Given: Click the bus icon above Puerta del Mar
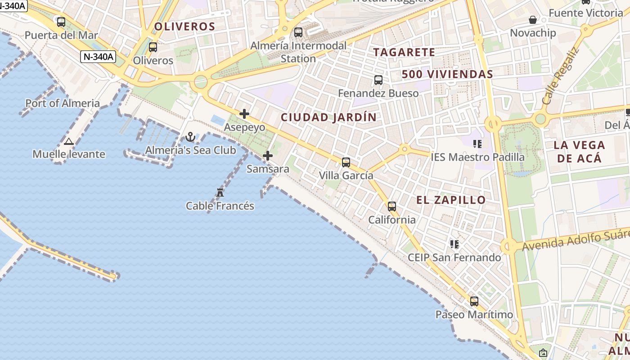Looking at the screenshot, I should click(x=61, y=22).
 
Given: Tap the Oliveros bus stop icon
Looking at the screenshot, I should click(x=153, y=47).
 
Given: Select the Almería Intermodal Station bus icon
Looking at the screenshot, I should click(x=298, y=32).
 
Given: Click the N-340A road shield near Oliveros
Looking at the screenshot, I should click(x=99, y=57).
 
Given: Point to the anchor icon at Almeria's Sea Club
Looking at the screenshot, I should click(x=190, y=137).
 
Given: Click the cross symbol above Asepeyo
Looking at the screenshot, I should click(x=244, y=114).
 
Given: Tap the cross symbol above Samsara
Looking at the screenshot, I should click(x=268, y=156).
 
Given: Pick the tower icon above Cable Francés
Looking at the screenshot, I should click(x=220, y=193).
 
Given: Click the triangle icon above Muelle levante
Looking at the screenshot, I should click(x=68, y=142).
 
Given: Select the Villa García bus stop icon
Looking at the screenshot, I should click(x=346, y=162).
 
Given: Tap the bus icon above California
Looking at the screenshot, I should click(x=392, y=207).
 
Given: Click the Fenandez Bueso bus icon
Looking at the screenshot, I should click(x=378, y=80).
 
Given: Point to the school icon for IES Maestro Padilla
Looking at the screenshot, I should click(x=477, y=144).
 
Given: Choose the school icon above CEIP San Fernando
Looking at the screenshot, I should click(x=454, y=244).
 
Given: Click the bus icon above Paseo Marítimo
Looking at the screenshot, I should click(x=474, y=301).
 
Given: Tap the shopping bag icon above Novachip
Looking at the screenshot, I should click(x=533, y=20).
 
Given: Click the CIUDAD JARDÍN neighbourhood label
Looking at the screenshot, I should click(x=328, y=117).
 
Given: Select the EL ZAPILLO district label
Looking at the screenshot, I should click(x=451, y=200).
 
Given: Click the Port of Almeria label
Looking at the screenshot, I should click(x=63, y=103).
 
